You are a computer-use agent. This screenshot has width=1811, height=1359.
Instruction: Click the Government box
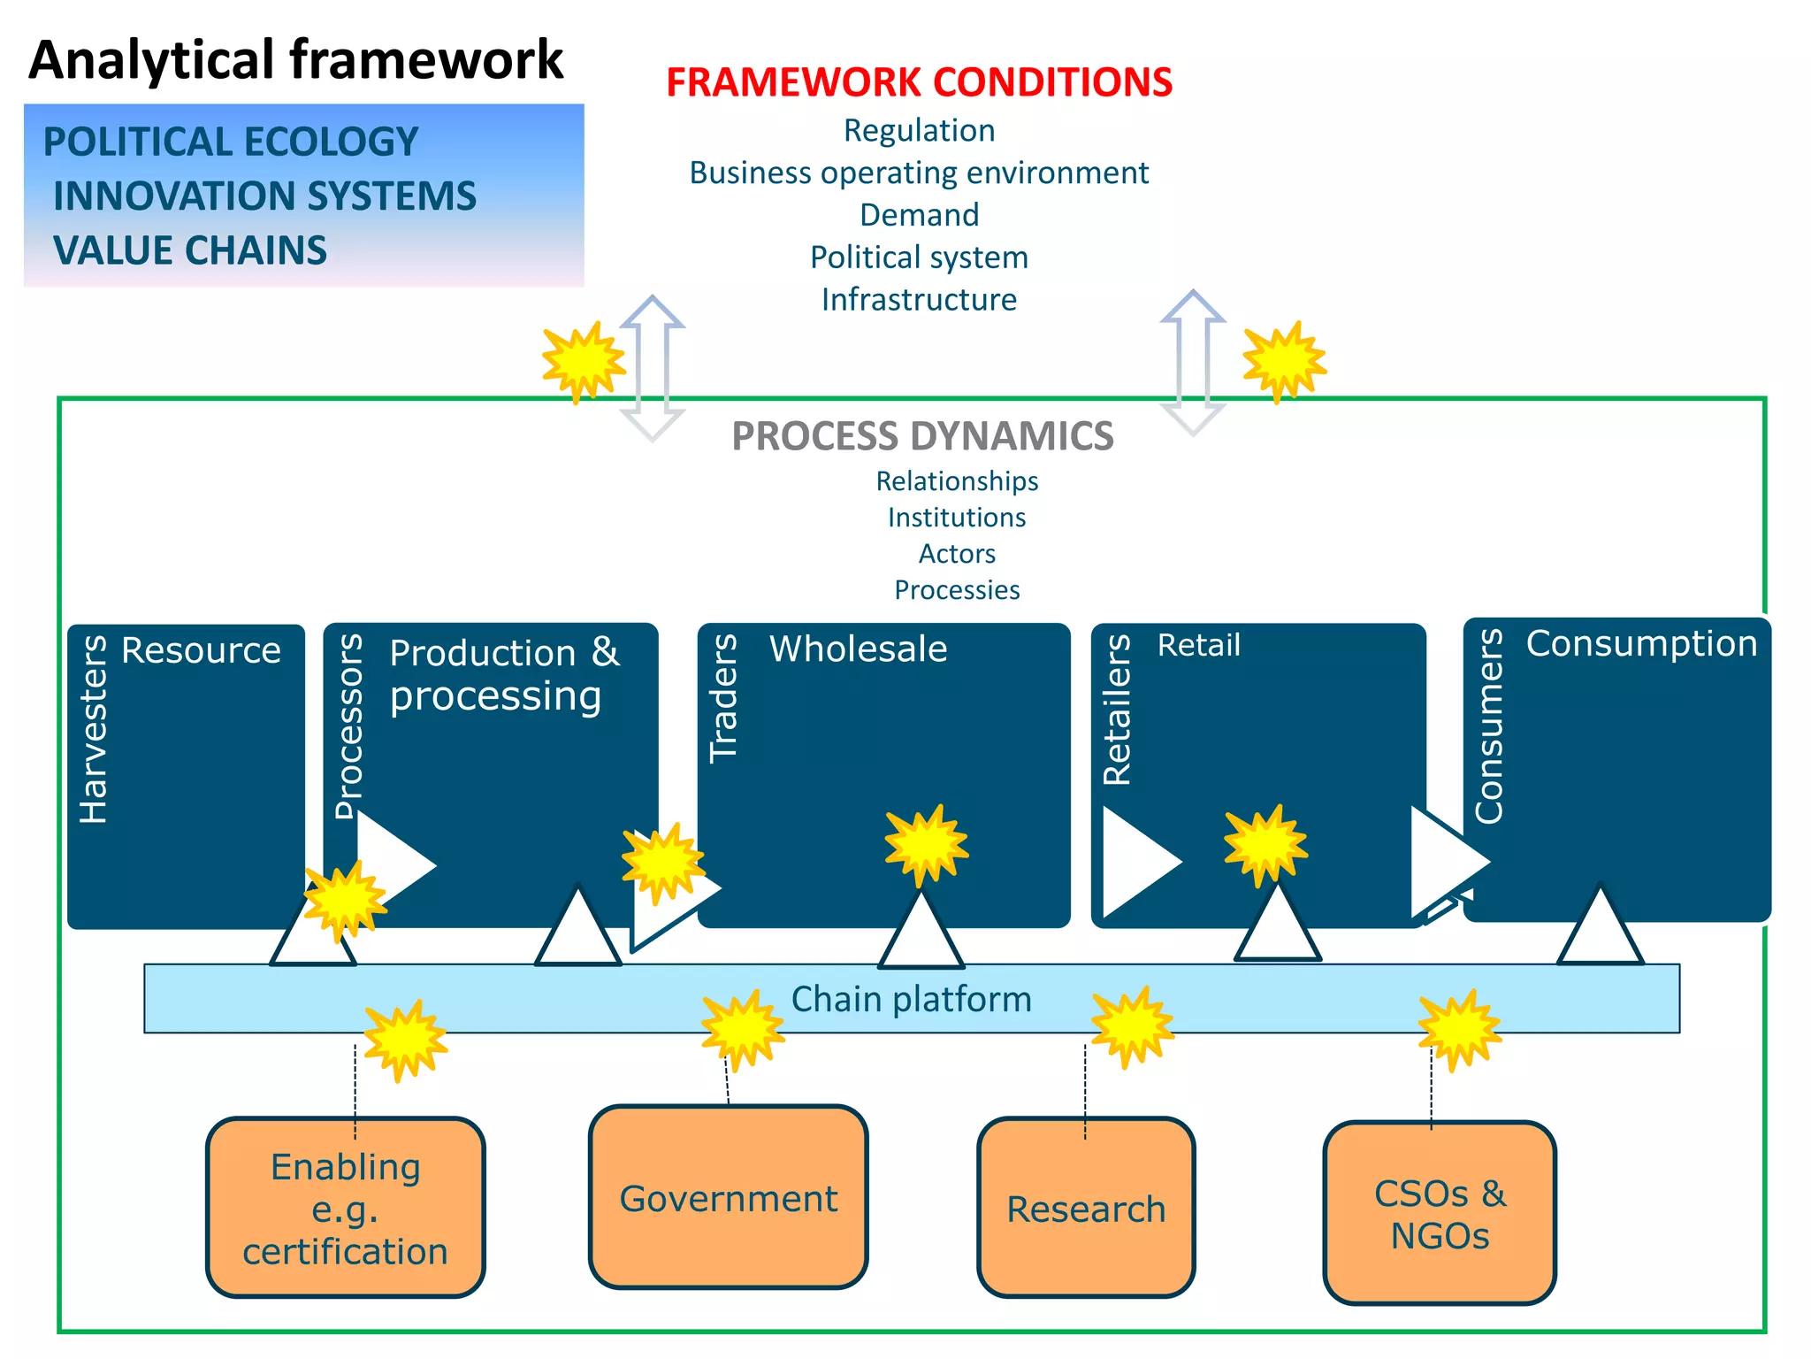point(728,1198)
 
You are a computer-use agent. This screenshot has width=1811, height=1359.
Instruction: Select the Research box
point(1086,1209)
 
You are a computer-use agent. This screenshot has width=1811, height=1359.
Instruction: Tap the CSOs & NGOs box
point(1439,1214)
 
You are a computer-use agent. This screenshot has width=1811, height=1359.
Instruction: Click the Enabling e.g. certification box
point(346,1209)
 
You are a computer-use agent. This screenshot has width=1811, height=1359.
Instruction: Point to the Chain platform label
point(911,999)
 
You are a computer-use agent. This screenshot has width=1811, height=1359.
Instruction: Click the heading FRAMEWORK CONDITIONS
point(919,82)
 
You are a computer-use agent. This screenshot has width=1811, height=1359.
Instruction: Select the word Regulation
point(919,130)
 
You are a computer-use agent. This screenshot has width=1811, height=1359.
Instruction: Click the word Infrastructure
point(919,299)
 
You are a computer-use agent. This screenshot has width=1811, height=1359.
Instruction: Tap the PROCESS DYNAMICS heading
point(922,436)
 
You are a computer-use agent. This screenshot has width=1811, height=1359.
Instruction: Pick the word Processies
point(957,590)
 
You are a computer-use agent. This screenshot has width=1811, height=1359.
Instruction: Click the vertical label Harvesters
point(94,729)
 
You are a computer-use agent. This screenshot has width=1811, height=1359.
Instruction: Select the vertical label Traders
point(723,698)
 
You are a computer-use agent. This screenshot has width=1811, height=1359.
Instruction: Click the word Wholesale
point(858,649)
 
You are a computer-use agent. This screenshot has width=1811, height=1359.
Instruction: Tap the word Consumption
point(1641,643)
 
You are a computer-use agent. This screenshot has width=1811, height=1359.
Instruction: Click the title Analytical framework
point(295,59)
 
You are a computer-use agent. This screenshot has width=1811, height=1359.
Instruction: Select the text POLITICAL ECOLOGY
point(231,142)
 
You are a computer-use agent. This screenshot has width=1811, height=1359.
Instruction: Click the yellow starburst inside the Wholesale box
point(926,844)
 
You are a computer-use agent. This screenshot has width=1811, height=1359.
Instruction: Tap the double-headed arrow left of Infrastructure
point(653,367)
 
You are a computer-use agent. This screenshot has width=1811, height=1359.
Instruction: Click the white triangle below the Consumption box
point(1600,929)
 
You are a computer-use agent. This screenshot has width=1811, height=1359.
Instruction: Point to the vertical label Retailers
point(1117,710)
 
